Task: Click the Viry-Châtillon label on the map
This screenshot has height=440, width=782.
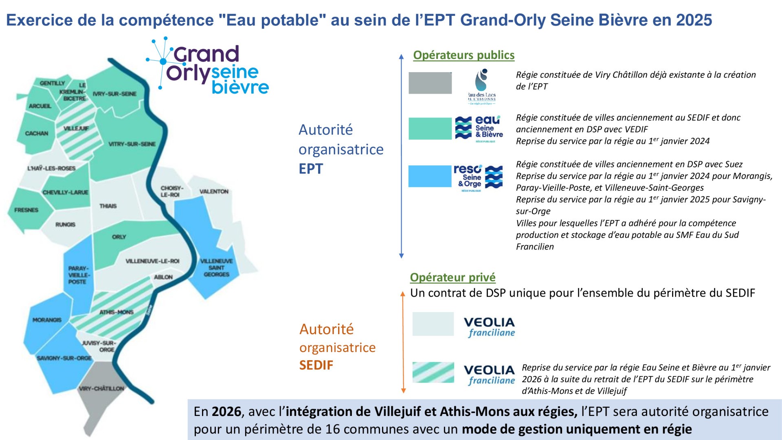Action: click(x=101, y=388)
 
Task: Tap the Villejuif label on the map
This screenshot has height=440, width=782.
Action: click(x=76, y=128)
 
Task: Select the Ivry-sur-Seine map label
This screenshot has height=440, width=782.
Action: click(x=114, y=94)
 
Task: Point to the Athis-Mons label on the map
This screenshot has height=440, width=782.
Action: click(x=116, y=312)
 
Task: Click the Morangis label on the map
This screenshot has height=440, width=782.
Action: click(x=47, y=320)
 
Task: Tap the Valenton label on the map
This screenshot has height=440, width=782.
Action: click(x=214, y=191)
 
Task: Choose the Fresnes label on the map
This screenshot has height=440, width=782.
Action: click(x=26, y=210)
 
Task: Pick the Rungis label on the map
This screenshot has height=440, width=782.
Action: click(x=65, y=224)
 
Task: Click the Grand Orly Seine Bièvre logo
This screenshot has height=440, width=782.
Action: click(x=208, y=67)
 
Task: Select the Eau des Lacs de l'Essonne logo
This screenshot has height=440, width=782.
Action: click(x=482, y=87)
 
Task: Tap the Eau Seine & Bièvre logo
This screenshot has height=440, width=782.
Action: click(x=479, y=129)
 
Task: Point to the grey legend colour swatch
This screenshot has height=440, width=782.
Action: click(x=430, y=83)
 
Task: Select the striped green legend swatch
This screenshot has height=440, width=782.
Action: click(x=433, y=372)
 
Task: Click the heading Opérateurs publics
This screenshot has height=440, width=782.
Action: click(x=463, y=55)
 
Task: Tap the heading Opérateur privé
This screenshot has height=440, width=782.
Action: click(x=453, y=277)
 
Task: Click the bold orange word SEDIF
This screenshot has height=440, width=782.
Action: click(x=316, y=365)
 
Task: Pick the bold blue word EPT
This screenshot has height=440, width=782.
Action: click(x=311, y=169)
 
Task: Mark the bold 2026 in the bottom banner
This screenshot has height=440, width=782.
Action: click(x=226, y=411)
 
